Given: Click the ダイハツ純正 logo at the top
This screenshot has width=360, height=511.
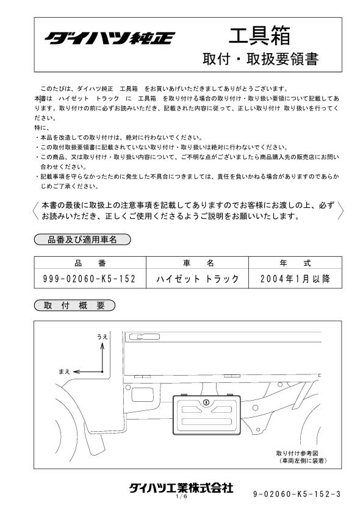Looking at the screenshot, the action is click(x=109, y=38).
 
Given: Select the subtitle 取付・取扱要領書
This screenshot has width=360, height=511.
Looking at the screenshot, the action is click(x=261, y=60).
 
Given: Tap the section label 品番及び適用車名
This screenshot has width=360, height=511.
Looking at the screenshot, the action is click(x=82, y=240).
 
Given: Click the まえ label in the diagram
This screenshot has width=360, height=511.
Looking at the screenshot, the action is click(x=65, y=371).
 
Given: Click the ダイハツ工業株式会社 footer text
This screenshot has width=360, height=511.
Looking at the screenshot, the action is click(x=181, y=488).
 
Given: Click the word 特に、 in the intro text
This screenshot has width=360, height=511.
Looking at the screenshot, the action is click(x=42, y=127).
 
